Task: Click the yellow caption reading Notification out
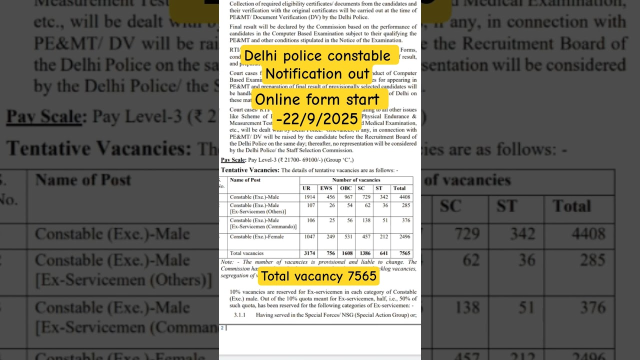tap(317, 74)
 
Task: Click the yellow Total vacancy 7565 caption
tap(319, 276)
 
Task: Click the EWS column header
tap(326, 188)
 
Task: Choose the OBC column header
tap(346, 188)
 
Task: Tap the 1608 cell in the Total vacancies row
tap(346, 253)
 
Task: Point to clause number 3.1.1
tap(240, 315)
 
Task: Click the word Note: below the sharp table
tap(226, 262)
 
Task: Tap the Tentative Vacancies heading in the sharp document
tap(250, 170)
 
